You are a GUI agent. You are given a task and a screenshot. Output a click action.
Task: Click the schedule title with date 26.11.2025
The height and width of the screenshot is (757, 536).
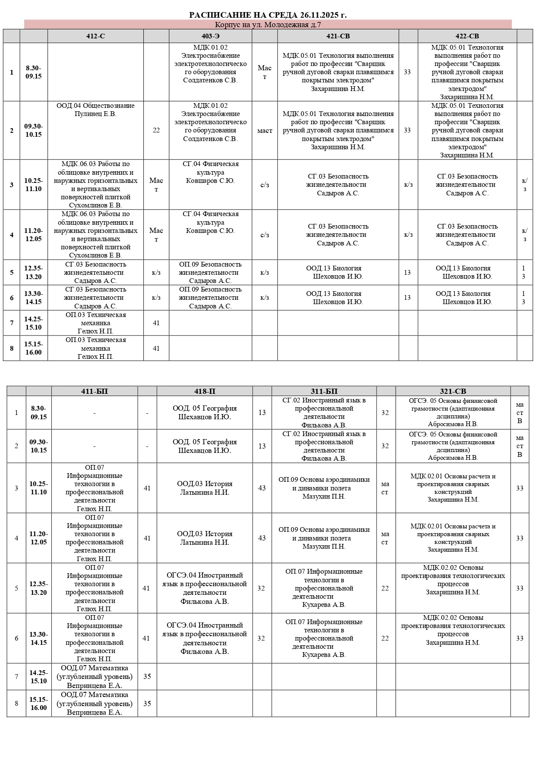coord(268,15)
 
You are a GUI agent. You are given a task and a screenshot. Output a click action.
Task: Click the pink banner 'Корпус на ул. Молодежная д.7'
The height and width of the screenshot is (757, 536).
coord(268,25)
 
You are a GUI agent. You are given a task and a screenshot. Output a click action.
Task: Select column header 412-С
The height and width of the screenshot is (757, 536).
coord(95,36)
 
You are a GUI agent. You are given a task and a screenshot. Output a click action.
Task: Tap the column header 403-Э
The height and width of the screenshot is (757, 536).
coord(210,36)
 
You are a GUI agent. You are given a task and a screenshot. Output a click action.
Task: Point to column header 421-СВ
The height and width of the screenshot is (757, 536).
coord(338,36)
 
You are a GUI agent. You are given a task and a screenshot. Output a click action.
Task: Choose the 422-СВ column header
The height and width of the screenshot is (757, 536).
coord(467,36)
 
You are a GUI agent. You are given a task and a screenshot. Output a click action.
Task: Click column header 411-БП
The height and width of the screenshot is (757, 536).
coord(95,391)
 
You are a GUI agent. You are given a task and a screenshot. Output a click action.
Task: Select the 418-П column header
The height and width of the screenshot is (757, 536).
coord(205,391)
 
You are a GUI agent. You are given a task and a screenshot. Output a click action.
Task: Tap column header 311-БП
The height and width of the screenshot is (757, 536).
coord(324,391)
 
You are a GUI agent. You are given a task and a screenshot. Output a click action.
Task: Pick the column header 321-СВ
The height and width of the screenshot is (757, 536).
coord(453,391)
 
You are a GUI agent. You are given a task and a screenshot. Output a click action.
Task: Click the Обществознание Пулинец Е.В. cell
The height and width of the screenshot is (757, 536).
coord(95,110)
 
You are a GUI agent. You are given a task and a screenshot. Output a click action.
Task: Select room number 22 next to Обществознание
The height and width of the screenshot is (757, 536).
coord(156,130)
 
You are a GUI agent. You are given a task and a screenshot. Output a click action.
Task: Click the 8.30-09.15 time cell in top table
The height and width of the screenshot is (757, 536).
coord(34,72)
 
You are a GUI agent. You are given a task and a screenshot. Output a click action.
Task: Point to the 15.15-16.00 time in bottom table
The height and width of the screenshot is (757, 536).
coord(38,703)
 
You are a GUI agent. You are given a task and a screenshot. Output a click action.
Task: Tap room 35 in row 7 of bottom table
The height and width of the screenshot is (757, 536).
coord(147,676)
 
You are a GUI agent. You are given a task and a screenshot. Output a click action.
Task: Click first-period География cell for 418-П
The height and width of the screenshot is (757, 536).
coord(205,412)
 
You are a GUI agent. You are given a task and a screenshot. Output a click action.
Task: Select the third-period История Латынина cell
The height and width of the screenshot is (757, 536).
coord(205,488)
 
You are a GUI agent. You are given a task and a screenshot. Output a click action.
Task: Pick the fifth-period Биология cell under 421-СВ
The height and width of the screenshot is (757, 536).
coord(338,272)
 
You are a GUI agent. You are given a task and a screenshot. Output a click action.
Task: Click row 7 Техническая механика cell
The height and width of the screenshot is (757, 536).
coord(95,323)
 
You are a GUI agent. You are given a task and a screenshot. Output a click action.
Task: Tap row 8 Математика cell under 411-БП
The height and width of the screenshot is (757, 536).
coord(95,703)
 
